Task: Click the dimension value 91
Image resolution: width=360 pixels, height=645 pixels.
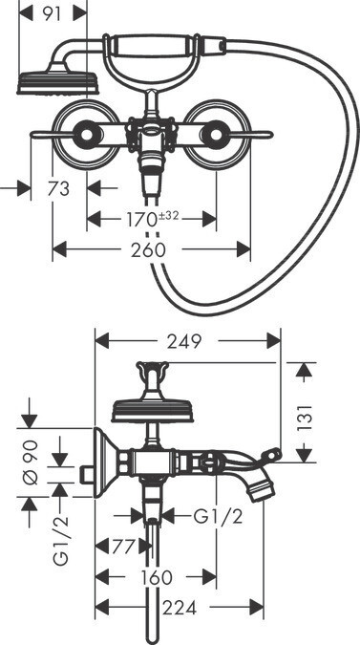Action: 51,13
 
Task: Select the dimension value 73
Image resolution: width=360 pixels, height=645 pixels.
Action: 58,189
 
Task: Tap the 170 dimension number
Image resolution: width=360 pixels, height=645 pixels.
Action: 139,219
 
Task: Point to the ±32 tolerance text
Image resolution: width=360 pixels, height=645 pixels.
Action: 168,215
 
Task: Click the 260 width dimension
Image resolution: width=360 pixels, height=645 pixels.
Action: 148,249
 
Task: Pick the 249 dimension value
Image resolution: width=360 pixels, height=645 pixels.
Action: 184,341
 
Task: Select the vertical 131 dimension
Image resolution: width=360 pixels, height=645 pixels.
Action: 305,418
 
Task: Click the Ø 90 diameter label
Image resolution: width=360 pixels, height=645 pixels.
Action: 32,462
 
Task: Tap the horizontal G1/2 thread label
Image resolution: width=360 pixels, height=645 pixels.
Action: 218,517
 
